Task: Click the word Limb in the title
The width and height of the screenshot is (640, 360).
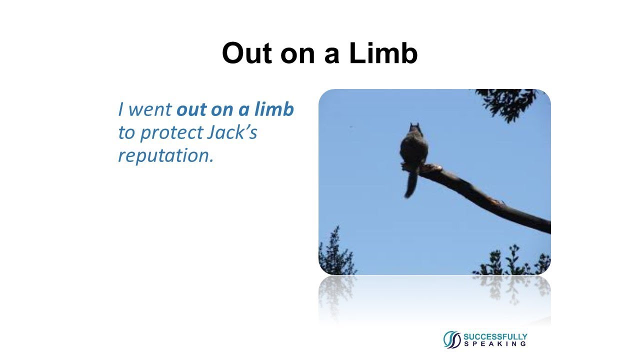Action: click(x=383, y=53)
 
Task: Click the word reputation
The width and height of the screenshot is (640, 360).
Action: click(x=165, y=155)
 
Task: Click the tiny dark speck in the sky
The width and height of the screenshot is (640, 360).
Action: click(x=350, y=126)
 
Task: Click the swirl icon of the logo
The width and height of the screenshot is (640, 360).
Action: click(x=452, y=339)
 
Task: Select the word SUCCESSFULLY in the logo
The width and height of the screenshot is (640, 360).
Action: click(x=495, y=336)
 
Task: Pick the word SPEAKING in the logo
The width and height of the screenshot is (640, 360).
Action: click(x=495, y=344)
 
